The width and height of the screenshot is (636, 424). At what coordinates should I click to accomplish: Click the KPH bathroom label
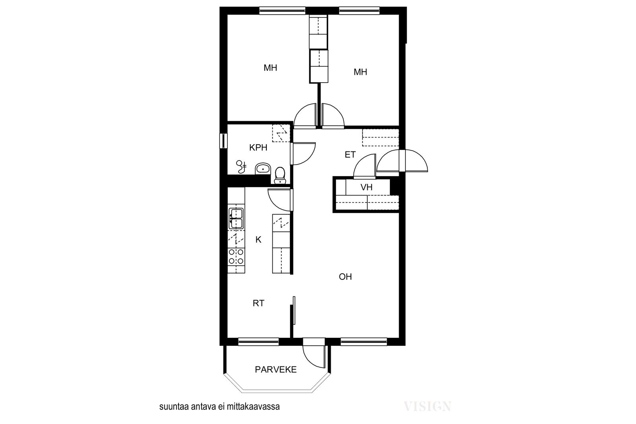pyautogui.click(x=258, y=147)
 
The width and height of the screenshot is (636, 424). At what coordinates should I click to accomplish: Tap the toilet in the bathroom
pyautogui.click(x=280, y=175)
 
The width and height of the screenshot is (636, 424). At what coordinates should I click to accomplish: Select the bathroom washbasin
pyautogui.click(x=263, y=169)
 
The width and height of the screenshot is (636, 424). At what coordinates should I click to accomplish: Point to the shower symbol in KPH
pyautogui.click(x=242, y=167)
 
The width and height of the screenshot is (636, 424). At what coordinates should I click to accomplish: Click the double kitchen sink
pyautogui.click(x=236, y=218)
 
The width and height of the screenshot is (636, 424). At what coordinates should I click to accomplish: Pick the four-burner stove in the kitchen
pyautogui.click(x=236, y=256)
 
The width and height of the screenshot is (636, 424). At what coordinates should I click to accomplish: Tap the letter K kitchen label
pyautogui.click(x=258, y=240)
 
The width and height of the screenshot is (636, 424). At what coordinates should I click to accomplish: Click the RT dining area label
pyautogui.click(x=258, y=303)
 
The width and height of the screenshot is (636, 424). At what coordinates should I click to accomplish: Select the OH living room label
pyautogui.click(x=345, y=277)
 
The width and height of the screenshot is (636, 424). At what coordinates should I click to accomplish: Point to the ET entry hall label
pyautogui.click(x=350, y=155)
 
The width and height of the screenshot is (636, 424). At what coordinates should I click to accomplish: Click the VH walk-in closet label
pyautogui.click(x=366, y=187)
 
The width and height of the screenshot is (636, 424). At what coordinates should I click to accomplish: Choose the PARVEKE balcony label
pyautogui.click(x=276, y=370)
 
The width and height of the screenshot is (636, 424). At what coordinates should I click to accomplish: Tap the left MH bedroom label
pyautogui.click(x=270, y=68)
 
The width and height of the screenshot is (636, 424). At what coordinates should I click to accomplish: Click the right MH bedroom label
pyautogui.click(x=360, y=72)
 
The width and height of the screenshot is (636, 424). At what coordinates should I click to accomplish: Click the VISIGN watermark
pyautogui.click(x=427, y=407)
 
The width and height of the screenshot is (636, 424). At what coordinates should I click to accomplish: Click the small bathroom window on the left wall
pyautogui.click(x=223, y=141)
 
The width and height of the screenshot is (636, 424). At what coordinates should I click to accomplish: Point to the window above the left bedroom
pyautogui.click(x=282, y=10)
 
